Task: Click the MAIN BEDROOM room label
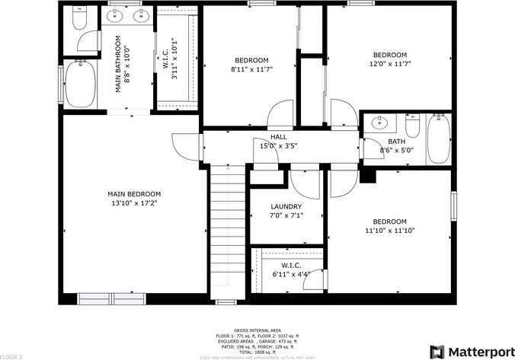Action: tap(133, 194)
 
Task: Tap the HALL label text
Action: tap(267, 137)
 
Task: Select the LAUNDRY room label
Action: tap(286, 206)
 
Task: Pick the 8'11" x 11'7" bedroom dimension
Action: tap(251, 69)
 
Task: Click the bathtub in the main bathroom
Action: tap(78, 85)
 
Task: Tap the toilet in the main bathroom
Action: tap(81, 19)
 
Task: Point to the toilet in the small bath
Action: tap(413, 124)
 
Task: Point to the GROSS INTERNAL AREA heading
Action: tap(257, 330)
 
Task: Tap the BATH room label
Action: tap(396, 142)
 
